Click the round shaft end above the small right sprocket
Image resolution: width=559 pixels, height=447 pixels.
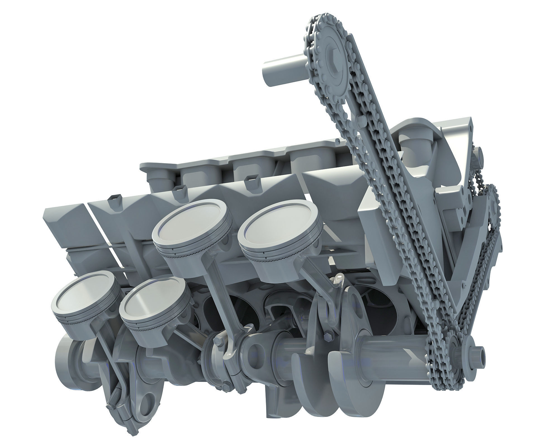point(481,154)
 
